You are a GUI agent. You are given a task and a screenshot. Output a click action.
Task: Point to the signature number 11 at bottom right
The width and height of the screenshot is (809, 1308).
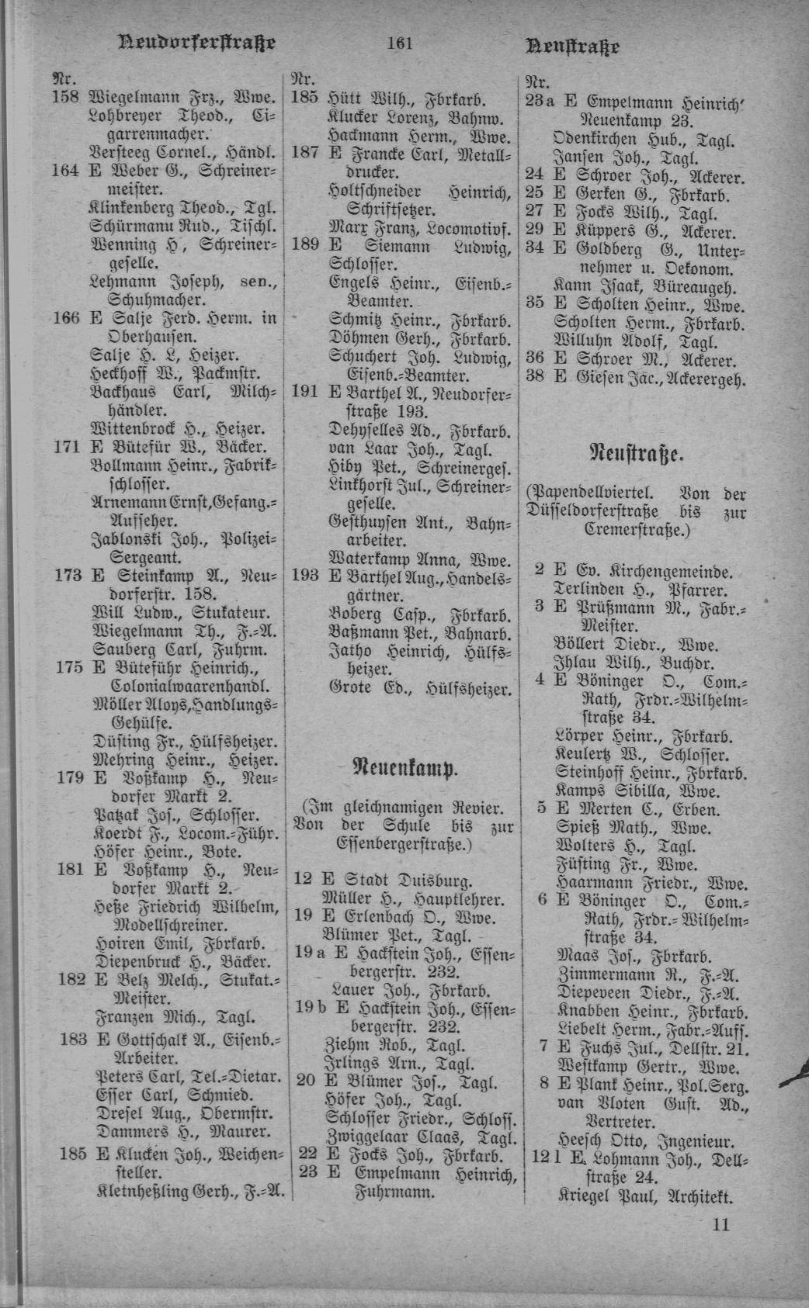click(x=720, y=1225)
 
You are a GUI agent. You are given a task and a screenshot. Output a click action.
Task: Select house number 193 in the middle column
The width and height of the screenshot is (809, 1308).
click(x=305, y=577)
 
